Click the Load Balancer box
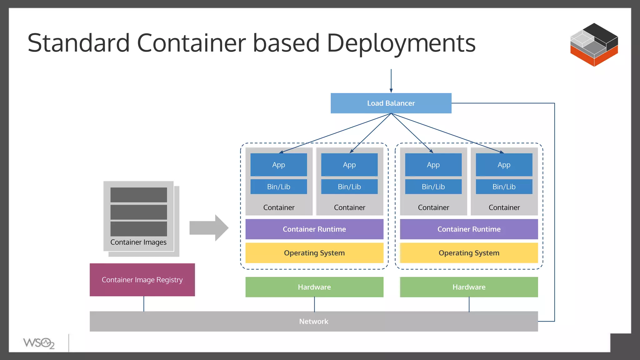pyautogui.click(x=391, y=103)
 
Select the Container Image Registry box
pyautogui.click(x=142, y=280)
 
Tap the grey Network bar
pyautogui.click(x=313, y=321)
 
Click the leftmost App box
pyautogui.click(x=278, y=165)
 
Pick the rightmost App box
pyautogui.click(x=504, y=165)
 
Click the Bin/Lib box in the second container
pyautogui.click(x=349, y=187)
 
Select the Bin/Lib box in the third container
pyautogui.click(x=433, y=187)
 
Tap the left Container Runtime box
pyautogui.click(x=314, y=229)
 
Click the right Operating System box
pyautogui.click(x=469, y=253)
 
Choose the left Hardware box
pyautogui.click(x=314, y=287)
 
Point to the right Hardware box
pyautogui.click(x=469, y=287)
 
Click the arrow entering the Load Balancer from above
pyautogui.click(x=391, y=81)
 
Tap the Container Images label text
pyautogui.click(x=138, y=242)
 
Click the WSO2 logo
pyautogui.click(x=39, y=343)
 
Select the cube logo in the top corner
pyautogui.click(x=594, y=45)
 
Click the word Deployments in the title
pyautogui.click(x=401, y=43)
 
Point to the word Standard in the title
pyautogui.click(x=78, y=43)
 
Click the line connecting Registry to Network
pyautogui.click(x=144, y=304)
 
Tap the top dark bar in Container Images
pyautogui.click(x=138, y=195)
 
